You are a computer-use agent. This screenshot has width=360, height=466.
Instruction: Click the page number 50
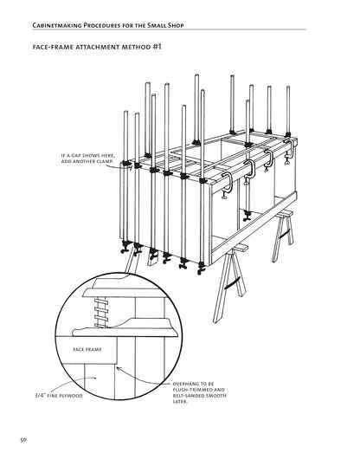click(x=23, y=440)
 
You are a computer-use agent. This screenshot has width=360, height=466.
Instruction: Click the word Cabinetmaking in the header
click(x=57, y=25)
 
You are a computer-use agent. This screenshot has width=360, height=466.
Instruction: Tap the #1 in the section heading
click(x=157, y=47)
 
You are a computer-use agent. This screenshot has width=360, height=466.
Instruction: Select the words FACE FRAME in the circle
click(x=87, y=350)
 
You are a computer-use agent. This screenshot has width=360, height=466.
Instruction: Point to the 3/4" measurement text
click(x=40, y=396)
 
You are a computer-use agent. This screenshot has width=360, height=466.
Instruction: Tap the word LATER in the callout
click(x=180, y=402)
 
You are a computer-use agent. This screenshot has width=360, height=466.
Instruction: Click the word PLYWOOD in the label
click(x=71, y=396)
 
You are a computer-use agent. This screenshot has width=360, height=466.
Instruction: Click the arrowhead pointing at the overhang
click(x=119, y=368)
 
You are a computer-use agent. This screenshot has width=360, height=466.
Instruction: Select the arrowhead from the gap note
click(x=130, y=169)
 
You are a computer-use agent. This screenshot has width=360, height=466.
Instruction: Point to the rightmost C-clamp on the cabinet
click(x=289, y=152)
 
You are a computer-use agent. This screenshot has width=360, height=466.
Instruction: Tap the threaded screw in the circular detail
click(x=100, y=312)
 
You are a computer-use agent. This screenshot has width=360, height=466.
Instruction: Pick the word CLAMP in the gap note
click(x=105, y=161)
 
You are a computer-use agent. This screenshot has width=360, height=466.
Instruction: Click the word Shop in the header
click(x=176, y=25)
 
